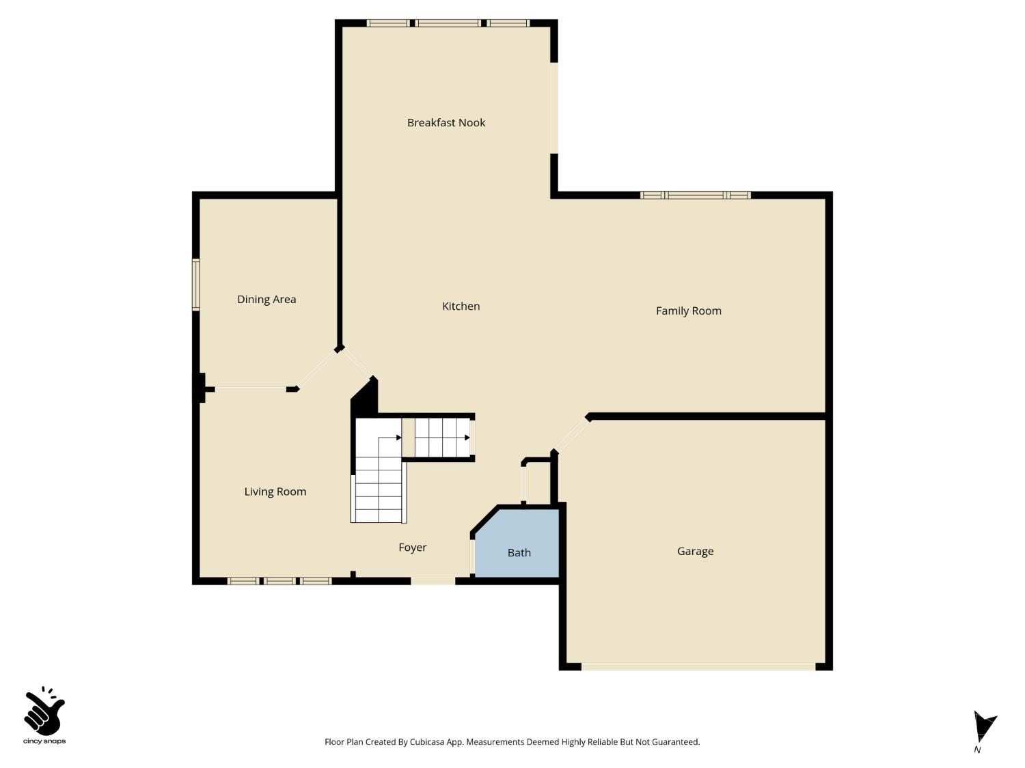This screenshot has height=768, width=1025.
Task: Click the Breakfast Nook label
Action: [x=446, y=123]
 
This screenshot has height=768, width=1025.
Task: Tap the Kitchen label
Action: [x=461, y=307]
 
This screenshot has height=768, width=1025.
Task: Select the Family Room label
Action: [x=688, y=311]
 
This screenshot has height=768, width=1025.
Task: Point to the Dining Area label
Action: [x=266, y=300]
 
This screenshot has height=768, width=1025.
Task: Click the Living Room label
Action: [x=275, y=492]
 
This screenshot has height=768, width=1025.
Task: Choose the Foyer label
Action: [x=412, y=547]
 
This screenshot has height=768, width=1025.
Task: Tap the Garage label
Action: [x=695, y=552]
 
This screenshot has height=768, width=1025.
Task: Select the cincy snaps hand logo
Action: [x=44, y=713]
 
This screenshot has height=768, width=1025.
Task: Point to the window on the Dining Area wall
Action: [x=196, y=285]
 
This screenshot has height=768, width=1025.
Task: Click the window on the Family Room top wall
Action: [x=695, y=195]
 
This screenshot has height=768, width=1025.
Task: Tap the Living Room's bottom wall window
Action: [x=279, y=581]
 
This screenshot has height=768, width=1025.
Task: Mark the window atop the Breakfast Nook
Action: [x=448, y=23]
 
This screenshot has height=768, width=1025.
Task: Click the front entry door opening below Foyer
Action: [x=433, y=581]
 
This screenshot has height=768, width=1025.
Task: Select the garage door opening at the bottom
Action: [x=698, y=666]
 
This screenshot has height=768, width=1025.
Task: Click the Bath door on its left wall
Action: [x=472, y=556]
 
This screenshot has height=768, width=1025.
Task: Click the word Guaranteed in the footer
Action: [x=676, y=742]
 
